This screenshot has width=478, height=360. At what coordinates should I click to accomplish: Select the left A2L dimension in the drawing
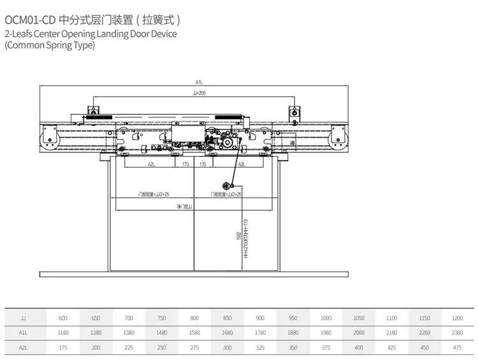(150, 164)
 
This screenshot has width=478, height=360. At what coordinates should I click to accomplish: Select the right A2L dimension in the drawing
(242, 164)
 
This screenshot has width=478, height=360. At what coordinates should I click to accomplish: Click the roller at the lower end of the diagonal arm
(225, 186)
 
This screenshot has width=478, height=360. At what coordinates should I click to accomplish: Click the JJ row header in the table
(24, 317)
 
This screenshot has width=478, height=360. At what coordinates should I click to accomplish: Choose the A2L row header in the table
(24, 347)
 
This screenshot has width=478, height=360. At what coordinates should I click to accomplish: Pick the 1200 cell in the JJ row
(456, 317)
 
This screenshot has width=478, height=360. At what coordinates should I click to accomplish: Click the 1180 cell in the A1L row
(63, 332)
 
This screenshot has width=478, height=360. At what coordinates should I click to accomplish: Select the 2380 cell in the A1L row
(456, 332)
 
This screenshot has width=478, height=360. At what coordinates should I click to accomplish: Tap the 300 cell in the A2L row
(226, 347)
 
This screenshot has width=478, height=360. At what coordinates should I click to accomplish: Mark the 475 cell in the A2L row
(456, 347)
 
